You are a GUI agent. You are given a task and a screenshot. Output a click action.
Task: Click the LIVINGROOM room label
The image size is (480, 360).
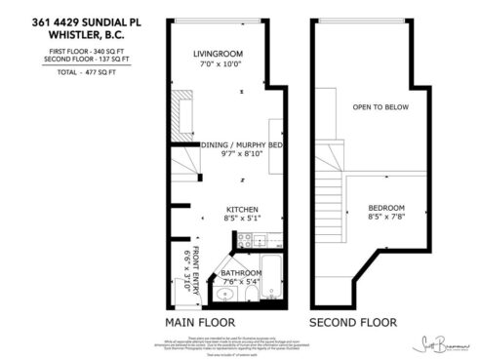click(218, 54)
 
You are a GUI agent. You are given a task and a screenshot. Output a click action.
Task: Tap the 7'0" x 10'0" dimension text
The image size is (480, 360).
click(218, 64)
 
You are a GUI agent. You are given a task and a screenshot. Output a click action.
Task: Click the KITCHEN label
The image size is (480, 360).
click(241, 210)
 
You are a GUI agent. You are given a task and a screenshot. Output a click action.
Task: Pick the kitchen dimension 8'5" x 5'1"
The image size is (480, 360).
click(241, 220)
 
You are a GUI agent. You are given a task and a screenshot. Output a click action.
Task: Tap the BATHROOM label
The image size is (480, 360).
click(241, 272)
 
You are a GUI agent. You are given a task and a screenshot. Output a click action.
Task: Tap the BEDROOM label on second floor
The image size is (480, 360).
click(386, 209)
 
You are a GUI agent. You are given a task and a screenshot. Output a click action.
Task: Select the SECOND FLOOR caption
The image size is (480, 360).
click(353, 321)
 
